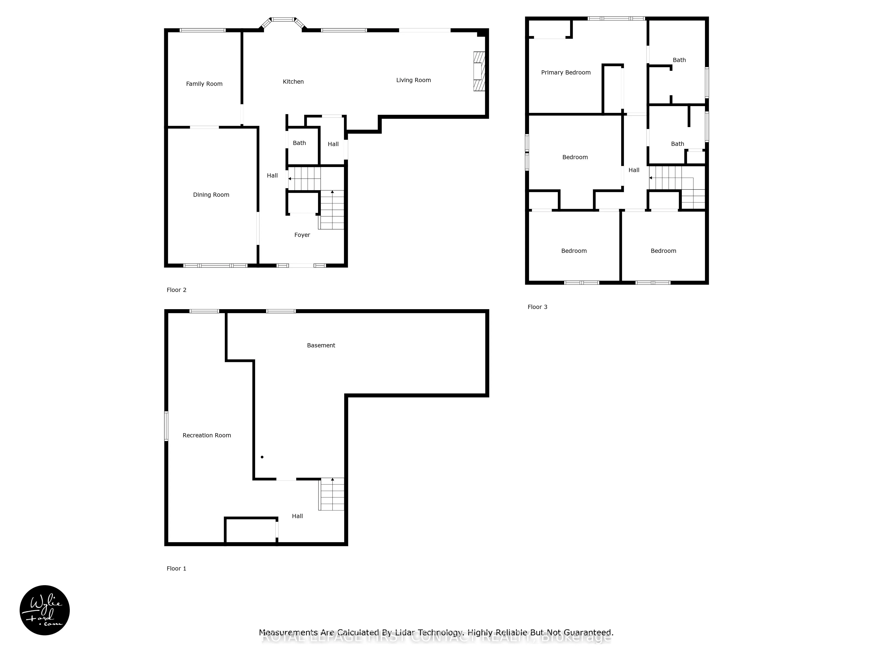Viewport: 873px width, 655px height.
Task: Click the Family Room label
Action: [204, 84]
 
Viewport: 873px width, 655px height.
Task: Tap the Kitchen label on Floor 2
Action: [293, 82]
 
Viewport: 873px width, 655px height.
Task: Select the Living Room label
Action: [413, 80]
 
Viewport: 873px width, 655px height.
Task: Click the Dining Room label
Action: [211, 195]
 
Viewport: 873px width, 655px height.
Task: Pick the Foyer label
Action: [302, 235]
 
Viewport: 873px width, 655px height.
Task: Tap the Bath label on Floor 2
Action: [299, 143]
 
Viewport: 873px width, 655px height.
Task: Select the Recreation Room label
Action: [206, 435]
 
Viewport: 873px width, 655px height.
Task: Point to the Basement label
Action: [321, 345]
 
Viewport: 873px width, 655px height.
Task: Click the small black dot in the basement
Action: [262, 457]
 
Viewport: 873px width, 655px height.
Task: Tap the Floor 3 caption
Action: [537, 307]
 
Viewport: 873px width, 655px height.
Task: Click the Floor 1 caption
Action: [176, 568]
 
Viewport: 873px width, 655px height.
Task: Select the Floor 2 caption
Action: [176, 290]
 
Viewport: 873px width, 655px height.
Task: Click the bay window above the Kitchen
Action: [283, 20]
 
